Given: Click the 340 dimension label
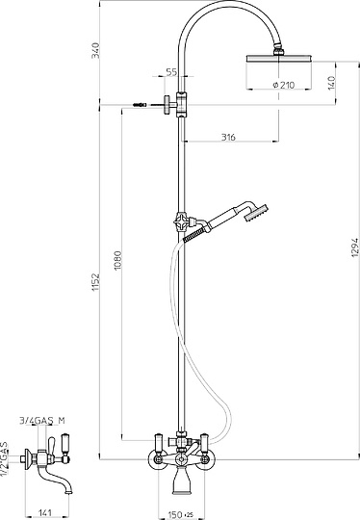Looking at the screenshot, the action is pyautogui.click(x=95, y=50).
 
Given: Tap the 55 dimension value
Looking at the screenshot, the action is pyautogui.click(x=171, y=72).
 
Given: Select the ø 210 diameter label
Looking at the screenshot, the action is pyautogui.click(x=283, y=86).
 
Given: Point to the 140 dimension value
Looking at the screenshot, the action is pyautogui.click(x=331, y=83).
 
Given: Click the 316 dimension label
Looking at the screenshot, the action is pyautogui.click(x=228, y=137).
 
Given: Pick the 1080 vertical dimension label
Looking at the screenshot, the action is pyautogui.click(x=118, y=260).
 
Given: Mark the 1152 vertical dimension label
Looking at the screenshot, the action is pyautogui.click(x=95, y=282).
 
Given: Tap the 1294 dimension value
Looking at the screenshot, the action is pyautogui.click(x=354, y=247).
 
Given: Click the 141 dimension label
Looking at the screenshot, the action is pyautogui.click(x=46, y=512).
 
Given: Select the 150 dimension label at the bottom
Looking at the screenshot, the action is pyautogui.click(x=175, y=514).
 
